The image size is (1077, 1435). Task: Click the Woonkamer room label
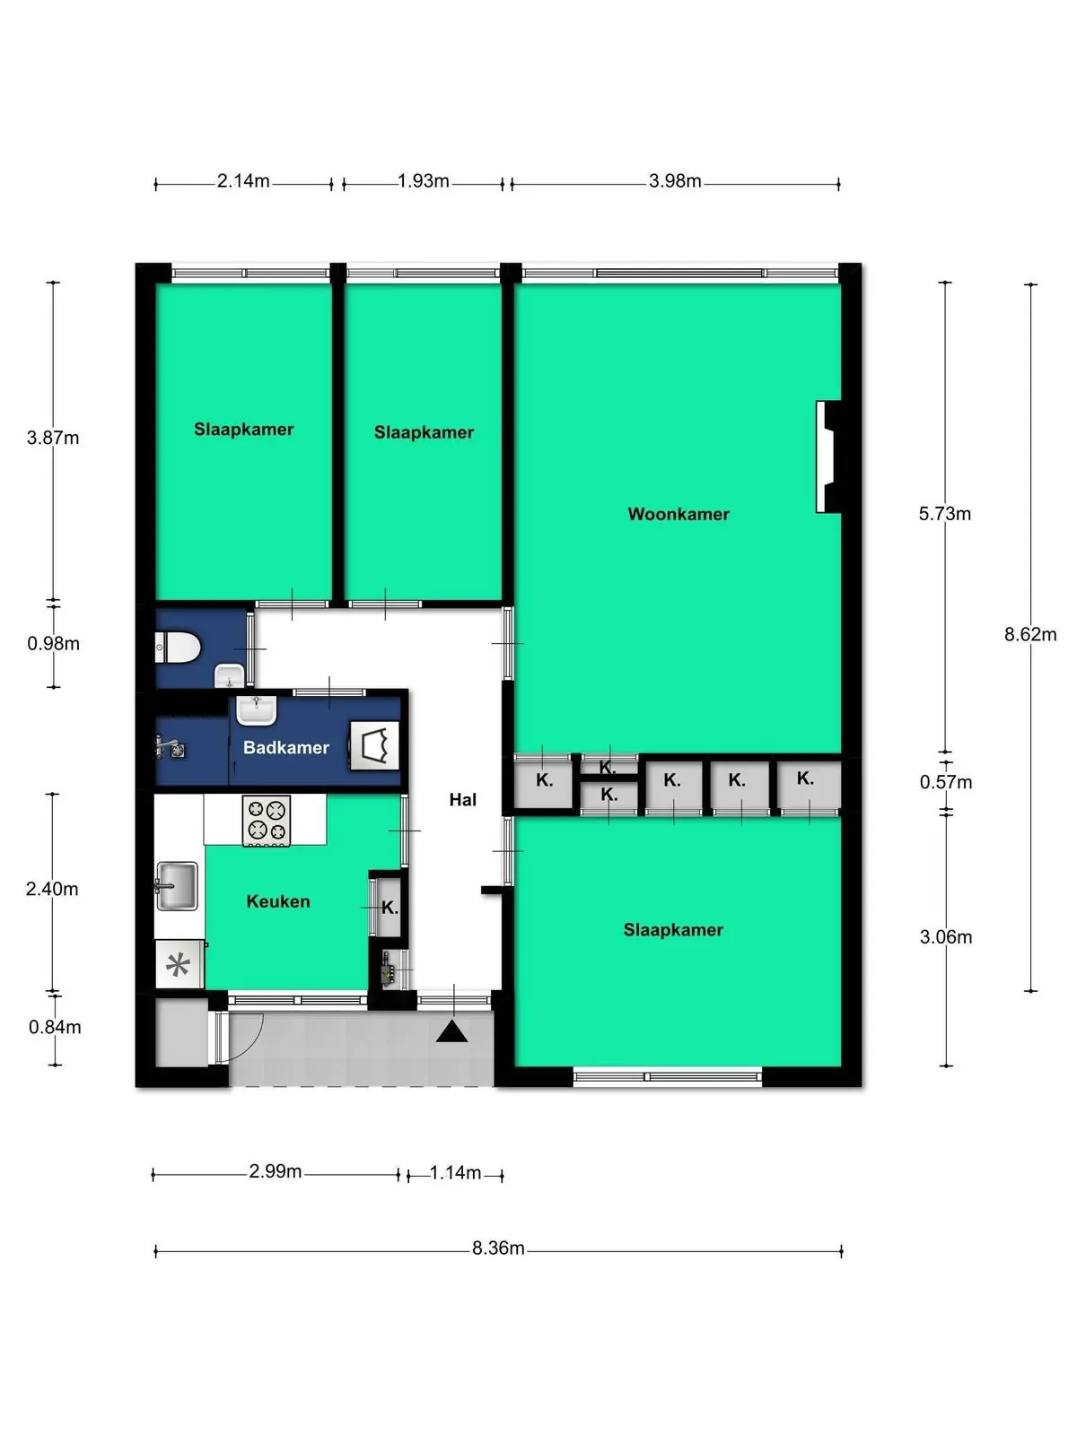pyautogui.click(x=679, y=514)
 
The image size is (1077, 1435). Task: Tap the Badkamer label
pyautogui.click(x=285, y=747)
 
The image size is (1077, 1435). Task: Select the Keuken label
pyautogui.click(x=278, y=901)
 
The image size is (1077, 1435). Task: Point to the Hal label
pyautogui.click(x=462, y=799)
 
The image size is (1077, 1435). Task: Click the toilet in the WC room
pyautogui.click(x=177, y=648)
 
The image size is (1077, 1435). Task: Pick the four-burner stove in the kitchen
pyautogui.click(x=267, y=821)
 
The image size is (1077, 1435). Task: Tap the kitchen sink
pyautogui.click(x=177, y=886)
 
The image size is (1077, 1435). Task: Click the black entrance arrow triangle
pyautogui.click(x=451, y=1032)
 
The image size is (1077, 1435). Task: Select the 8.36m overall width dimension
pyautogui.click(x=498, y=1248)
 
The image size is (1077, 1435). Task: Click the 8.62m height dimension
pyautogui.click(x=1030, y=634)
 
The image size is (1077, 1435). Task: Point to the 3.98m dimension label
pyautogui.click(x=675, y=180)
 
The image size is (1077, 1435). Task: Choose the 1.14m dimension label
pyautogui.click(x=455, y=1172)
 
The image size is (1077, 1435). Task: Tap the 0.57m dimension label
pyautogui.click(x=946, y=782)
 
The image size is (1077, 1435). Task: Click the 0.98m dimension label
pyautogui.click(x=54, y=643)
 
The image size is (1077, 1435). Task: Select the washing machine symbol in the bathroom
pyautogui.click(x=374, y=745)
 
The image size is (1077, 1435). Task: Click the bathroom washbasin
pyautogui.click(x=256, y=710)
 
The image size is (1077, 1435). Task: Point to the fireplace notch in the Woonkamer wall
pyautogui.click(x=827, y=457)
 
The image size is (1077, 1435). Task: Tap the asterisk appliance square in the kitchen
pyautogui.click(x=178, y=964)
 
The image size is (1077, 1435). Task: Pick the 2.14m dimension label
pyautogui.click(x=243, y=180)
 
